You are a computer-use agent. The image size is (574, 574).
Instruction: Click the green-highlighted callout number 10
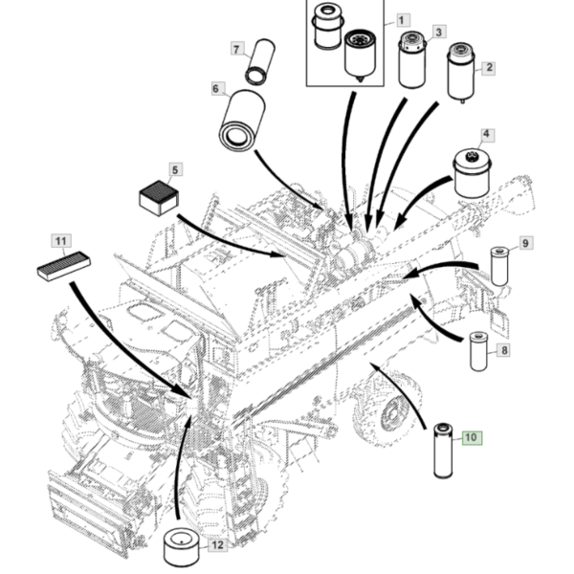click(x=473, y=437)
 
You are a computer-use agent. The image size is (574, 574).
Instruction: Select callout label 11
click(x=61, y=241)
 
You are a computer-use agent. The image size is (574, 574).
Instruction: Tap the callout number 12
click(x=217, y=544)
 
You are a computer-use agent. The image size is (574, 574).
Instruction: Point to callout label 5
click(x=175, y=170)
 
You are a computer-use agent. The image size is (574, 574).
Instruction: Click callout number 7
click(x=236, y=49)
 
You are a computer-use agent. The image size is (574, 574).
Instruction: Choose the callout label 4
click(x=486, y=134)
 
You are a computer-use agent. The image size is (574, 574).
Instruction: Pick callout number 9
click(x=525, y=243)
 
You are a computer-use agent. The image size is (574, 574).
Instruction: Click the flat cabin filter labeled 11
click(x=64, y=266)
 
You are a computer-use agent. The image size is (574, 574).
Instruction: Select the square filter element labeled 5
click(x=159, y=198)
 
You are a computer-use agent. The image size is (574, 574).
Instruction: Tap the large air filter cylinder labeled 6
click(x=242, y=121)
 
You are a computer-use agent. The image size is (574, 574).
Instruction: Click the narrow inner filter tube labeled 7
click(x=260, y=61)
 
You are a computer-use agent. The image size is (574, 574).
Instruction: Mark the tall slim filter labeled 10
click(x=443, y=451)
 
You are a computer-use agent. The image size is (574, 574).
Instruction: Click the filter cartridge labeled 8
click(x=479, y=351)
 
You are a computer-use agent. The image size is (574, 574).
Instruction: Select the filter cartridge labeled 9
click(x=499, y=267)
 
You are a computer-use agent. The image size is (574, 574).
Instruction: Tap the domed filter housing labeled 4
click(x=472, y=173)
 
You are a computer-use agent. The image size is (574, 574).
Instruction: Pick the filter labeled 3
click(x=412, y=60)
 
